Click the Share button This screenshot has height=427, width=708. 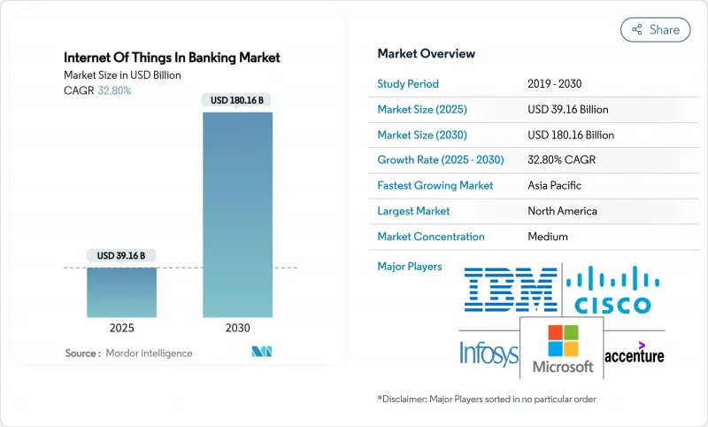[655, 29]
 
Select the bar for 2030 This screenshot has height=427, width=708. [238, 221]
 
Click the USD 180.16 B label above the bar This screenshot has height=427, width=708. [238, 100]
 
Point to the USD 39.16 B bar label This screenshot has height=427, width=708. [121, 256]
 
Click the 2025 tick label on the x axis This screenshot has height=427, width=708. [121, 327]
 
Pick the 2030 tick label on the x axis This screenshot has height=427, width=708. [238, 327]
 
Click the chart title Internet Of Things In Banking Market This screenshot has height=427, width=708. [172, 58]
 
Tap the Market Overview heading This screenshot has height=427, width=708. [426, 53]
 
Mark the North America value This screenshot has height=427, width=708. [562, 211]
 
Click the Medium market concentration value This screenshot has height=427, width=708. [547, 237]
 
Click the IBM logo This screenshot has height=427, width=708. [511, 290]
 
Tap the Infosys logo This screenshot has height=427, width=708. [488, 353]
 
